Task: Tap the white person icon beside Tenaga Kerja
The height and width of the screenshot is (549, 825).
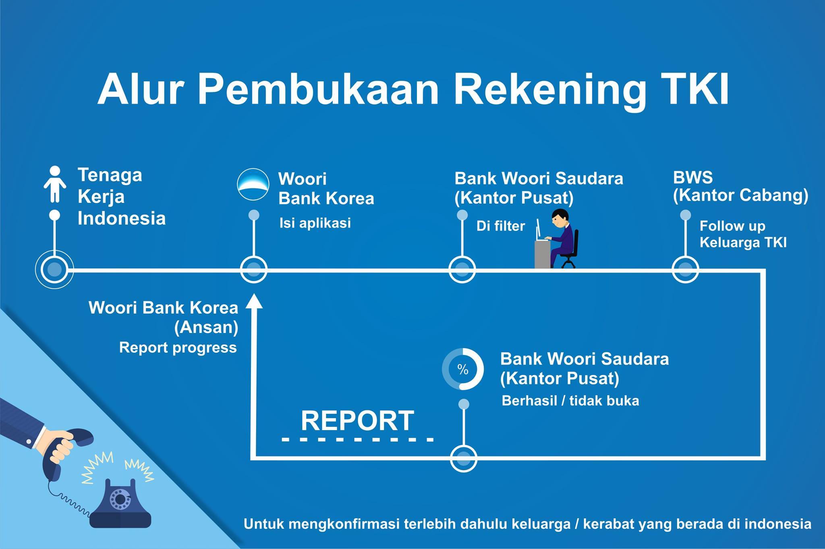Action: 55,184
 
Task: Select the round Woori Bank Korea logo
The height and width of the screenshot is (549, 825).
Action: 253,184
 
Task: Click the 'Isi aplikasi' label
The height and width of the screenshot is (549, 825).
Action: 315,223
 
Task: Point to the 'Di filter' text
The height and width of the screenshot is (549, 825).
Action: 501,226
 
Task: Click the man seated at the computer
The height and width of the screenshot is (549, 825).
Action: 562,238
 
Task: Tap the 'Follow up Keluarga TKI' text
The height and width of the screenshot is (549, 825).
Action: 743,234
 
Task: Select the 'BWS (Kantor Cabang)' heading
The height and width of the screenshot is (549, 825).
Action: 740,187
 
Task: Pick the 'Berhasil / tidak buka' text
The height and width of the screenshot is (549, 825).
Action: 570,401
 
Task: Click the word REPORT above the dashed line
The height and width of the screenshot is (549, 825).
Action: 357,420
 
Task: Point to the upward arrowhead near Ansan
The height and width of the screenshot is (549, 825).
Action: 254,301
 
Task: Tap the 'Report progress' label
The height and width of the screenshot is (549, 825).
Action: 178,347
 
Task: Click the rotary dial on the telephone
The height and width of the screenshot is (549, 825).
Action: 120,499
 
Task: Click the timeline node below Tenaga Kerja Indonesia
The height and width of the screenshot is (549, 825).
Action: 54,269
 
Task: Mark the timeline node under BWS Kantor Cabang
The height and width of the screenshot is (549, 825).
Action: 685,269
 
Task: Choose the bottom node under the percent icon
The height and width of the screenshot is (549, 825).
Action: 464,458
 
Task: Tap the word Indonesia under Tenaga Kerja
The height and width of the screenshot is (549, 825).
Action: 122,218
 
